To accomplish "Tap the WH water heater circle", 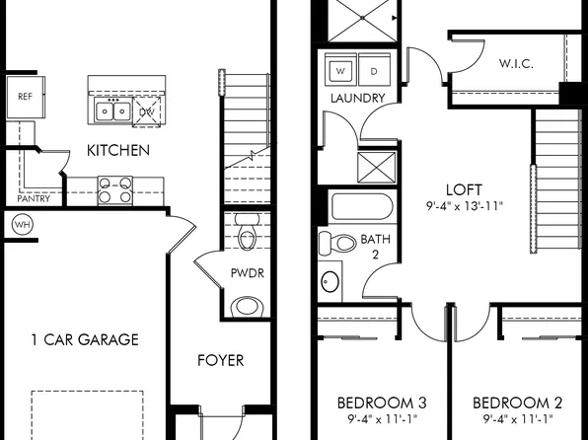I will point(22,225).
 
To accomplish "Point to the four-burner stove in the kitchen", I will point(115,189).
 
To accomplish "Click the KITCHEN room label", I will point(118,151).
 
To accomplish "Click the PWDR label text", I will point(246,271).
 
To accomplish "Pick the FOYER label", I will point(220,360).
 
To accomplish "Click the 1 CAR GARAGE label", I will point(84,340).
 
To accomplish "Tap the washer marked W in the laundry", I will point(341,72).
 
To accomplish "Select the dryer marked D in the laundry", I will point(374,72).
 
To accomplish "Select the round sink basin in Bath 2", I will point(331,282).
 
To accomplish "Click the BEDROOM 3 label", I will point(382,403).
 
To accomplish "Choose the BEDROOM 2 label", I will point(517,403).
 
